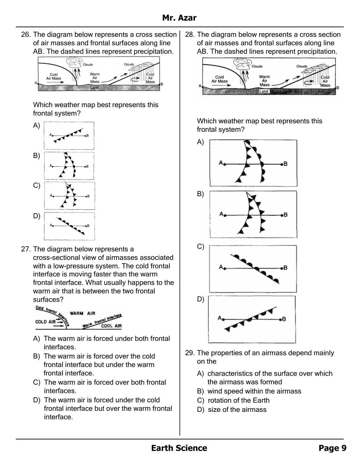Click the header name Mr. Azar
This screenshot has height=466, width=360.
179,18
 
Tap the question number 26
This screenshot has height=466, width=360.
26,35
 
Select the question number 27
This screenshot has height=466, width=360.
26,249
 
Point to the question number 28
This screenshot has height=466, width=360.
189,35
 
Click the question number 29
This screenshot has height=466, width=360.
189,353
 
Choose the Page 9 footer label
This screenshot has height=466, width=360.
332,448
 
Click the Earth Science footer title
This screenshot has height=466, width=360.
179,448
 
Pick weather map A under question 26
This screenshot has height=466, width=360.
69,136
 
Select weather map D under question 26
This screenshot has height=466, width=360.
69,226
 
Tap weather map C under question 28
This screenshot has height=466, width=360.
253,269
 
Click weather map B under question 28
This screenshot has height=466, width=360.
253,214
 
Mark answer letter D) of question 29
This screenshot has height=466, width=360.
200,410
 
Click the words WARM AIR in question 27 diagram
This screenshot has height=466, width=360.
82,313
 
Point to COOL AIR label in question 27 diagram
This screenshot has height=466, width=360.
111,326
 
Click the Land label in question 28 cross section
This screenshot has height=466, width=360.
264,91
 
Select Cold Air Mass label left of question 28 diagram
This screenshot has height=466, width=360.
220,79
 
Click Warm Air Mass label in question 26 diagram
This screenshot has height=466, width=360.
95,78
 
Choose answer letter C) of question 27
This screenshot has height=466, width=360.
36,382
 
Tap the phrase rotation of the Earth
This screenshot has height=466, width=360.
238,400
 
